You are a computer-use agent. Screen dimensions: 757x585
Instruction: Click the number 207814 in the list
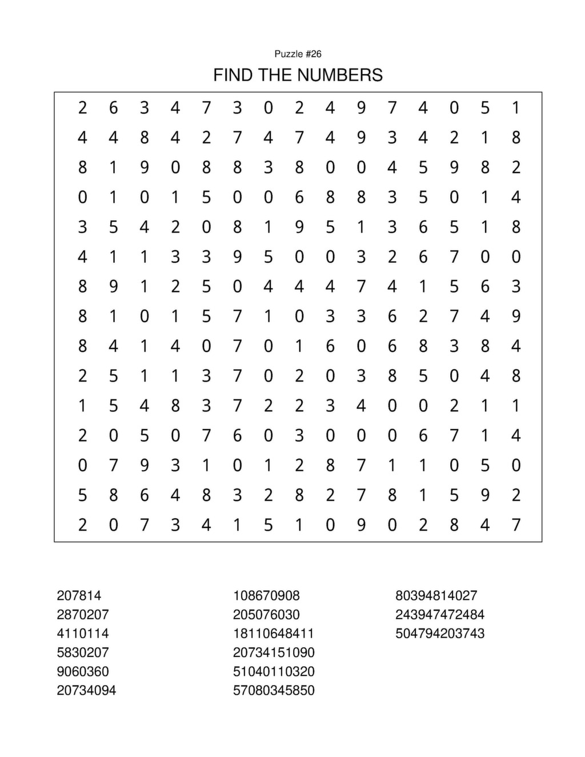coord(79,595)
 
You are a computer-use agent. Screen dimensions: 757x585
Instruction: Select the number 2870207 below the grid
coord(82,614)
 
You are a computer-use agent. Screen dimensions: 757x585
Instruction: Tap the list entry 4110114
coord(82,633)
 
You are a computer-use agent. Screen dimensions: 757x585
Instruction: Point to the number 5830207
coord(82,652)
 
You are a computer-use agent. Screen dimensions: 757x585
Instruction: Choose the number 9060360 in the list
coord(82,671)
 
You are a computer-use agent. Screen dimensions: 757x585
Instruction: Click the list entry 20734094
coord(86,690)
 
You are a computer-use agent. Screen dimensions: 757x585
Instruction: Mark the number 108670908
coord(266,595)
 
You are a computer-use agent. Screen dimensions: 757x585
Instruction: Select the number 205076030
coord(266,614)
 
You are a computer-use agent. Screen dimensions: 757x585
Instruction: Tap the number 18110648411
coord(274,633)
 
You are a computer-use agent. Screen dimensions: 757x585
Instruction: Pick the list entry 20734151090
coord(274,652)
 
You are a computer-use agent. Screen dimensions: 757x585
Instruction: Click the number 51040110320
coord(274,671)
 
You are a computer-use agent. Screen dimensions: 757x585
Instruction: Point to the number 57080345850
coord(274,690)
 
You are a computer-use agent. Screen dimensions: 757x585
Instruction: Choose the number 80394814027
coord(436,595)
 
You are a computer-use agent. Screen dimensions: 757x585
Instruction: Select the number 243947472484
coord(440,614)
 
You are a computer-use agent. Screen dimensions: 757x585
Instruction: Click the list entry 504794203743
coord(440,633)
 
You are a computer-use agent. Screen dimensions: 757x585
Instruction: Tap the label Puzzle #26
coord(298,54)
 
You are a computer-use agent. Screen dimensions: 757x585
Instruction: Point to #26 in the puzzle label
coord(314,54)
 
